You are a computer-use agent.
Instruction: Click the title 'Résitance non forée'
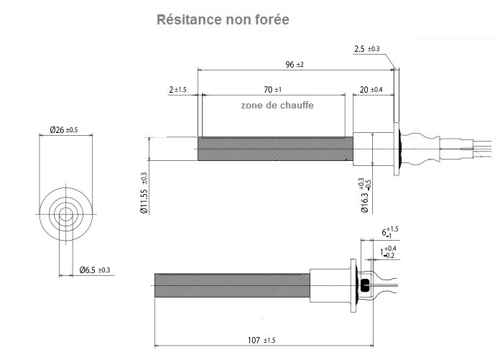pyautogui.click(x=223, y=19)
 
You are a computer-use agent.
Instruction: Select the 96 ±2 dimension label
pyautogui.click(x=295, y=65)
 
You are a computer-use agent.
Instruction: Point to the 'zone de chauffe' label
pyautogui.click(x=277, y=104)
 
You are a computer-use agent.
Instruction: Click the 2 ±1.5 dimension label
pyautogui.click(x=177, y=90)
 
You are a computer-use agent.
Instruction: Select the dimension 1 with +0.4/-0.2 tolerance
pyautogui.click(x=388, y=252)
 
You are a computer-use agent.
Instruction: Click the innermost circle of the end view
pyautogui.click(x=66, y=213)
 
